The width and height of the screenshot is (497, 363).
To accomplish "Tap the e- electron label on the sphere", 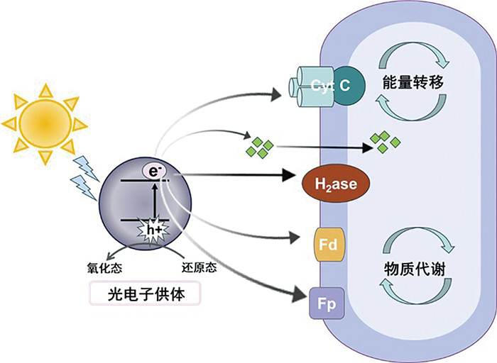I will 154,171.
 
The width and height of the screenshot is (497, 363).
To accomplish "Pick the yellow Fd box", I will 329,245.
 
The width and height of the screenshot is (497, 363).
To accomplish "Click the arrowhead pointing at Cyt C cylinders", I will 279,91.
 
